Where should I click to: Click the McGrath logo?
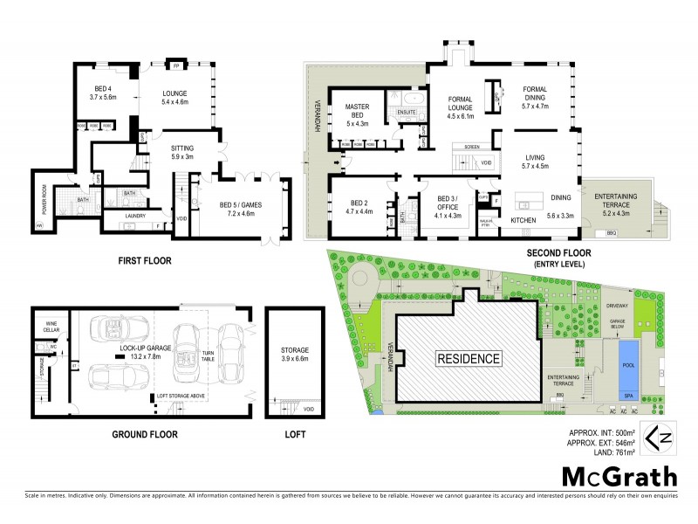click(x=618, y=478)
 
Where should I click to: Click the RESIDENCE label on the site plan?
click(x=469, y=358)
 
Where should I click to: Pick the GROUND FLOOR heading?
click(x=145, y=434)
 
